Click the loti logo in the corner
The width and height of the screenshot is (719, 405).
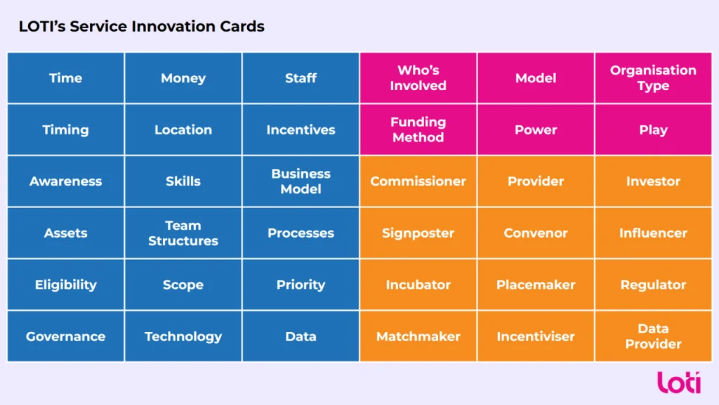click(679, 382)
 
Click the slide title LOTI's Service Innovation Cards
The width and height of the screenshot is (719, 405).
click(142, 27)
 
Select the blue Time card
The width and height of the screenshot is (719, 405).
click(65, 78)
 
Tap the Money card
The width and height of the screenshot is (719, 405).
click(183, 78)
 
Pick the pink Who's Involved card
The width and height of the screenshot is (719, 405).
click(418, 78)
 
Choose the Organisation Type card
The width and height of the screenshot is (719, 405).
click(653, 78)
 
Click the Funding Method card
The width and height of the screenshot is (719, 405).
click(418, 129)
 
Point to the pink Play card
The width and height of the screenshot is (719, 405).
click(653, 129)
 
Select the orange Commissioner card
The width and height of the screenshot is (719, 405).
click(418, 181)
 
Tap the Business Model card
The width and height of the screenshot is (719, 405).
click(301, 181)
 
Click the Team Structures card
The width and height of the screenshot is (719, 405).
click(183, 233)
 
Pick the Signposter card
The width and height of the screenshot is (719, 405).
click(418, 233)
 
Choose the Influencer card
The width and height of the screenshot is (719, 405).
click(653, 233)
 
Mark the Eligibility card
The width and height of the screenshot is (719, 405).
click(65, 285)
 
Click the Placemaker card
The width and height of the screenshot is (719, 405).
click(536, 285)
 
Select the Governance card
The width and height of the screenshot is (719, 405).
click(65, 336)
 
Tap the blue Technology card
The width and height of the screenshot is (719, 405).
click(183, 336)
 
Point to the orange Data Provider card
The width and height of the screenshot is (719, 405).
click(653, 336)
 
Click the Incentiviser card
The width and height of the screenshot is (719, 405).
click(536, 336)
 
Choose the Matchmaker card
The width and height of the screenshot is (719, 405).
click(418, 336)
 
